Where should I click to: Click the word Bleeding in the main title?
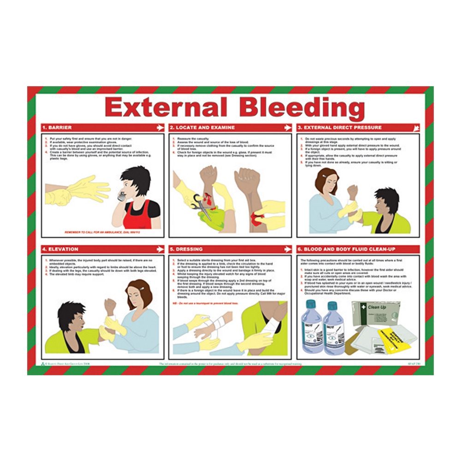coord(302,108)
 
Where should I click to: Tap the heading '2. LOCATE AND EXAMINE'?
coord(202,127)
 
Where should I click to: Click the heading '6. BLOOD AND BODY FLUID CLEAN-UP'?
coord(347,249)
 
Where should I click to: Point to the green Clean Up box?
coord(375,313)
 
